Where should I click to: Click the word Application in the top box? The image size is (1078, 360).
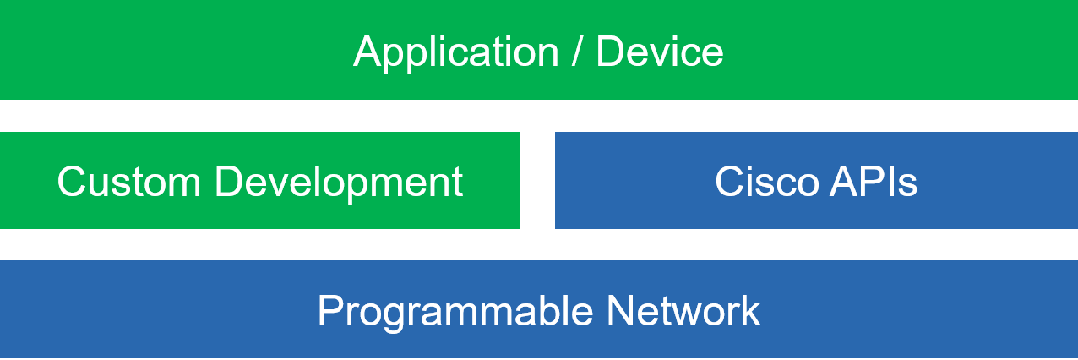[x=455, y=53]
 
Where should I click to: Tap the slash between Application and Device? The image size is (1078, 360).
[x=576, y=51]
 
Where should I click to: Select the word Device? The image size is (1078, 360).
[x=660, y=51]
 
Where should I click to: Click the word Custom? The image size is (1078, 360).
[x=129, y=182]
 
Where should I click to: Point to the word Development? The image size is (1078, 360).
[x=339, y=183]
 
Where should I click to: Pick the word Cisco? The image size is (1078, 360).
[x=766, y=182]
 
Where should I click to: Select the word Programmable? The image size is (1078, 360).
[x=455, y=313]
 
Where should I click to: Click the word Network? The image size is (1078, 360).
[x=683, y=310]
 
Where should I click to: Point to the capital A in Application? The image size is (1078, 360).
[x=368, y=51]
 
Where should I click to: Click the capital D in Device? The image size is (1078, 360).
[x=610, y=51]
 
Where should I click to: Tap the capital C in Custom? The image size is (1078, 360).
[x=72, y=182]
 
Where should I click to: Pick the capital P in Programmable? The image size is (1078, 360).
[x=330, y=310]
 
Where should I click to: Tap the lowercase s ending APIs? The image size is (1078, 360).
[x=908, y=185]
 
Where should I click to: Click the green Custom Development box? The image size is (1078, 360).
[x=259, y=180]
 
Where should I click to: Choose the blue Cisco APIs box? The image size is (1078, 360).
[x=816, y=180]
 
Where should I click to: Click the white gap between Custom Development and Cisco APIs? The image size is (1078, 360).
[x=537, y=180]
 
